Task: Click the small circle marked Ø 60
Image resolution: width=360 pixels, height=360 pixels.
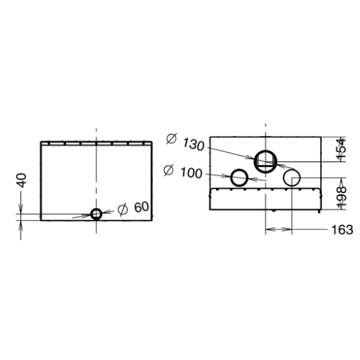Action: tap(96, 213)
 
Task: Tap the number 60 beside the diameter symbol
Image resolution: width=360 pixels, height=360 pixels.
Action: tap(141, 207)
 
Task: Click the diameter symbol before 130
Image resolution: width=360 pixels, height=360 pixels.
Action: tap(171, 139)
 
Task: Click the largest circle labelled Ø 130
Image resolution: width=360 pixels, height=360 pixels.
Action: tap(266, 161)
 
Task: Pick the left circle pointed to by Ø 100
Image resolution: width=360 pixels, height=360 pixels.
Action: tap(239, 177)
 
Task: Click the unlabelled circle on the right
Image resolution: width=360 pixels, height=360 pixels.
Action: tap(292, 176)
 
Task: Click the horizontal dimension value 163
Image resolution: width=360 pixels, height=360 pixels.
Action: tap(342, 230)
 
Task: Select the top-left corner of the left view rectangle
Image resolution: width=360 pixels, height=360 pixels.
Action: tap(40, 142)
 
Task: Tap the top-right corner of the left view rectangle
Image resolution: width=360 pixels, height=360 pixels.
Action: tap(152, 142)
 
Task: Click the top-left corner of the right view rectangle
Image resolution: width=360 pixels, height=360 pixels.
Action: tap(209, 135)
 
